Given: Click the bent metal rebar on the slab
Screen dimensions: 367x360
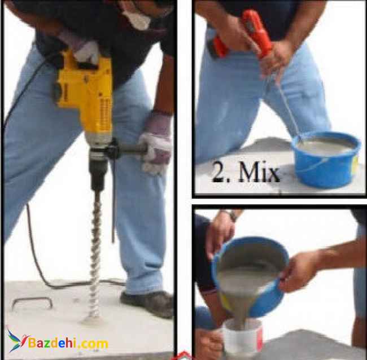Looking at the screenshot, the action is pos(32,302).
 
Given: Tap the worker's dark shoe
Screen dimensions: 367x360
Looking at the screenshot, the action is pos(147,304).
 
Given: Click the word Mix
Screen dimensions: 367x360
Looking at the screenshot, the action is pos(259,172).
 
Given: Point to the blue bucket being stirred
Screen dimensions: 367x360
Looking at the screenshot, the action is pos(326,160).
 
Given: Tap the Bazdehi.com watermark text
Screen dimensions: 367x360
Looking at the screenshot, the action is pos(68,344).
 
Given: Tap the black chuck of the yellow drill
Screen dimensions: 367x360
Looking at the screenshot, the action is pos(99,173).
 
